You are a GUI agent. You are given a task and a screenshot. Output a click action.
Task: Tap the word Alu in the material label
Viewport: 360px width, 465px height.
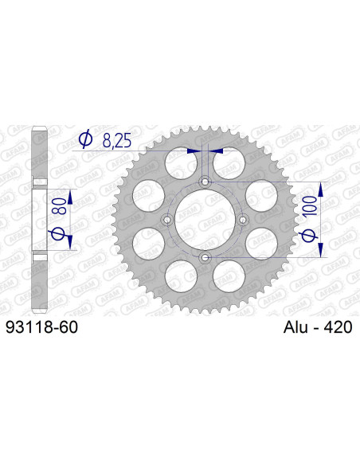click(296, 326)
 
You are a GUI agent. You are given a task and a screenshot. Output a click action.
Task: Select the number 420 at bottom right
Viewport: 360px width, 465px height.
click(338, 326)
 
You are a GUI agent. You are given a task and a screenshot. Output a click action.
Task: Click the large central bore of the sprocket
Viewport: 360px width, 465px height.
click(205, 220)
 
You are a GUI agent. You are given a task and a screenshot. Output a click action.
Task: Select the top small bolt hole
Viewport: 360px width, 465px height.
click(205, 182)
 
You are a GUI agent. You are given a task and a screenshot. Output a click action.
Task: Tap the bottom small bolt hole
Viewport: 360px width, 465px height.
click(205, 257)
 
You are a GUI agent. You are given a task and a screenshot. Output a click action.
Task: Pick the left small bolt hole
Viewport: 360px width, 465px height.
click(167, 220)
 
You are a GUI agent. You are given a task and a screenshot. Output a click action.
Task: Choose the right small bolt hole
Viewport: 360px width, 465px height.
click(242, 220)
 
